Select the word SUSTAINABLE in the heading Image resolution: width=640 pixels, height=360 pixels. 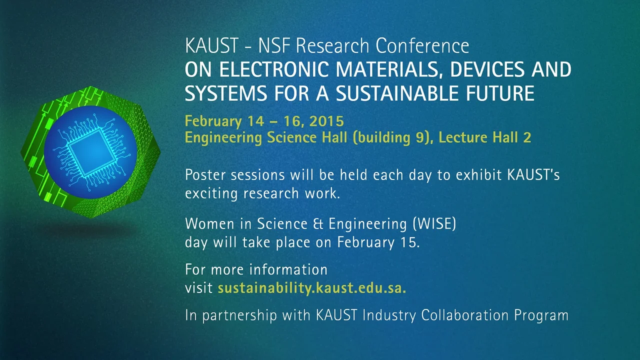(x=397, y=93)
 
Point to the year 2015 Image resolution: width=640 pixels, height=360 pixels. (x=326, y=121)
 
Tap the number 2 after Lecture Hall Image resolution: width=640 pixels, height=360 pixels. (x=527, y=137)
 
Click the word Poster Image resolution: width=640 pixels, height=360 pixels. (x=206, y=175)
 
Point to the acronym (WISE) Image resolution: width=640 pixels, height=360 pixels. (x=434, y=223)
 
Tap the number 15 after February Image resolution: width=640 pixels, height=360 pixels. (x=409, y=242)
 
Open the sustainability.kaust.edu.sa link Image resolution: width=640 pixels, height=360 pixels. (x=311, y=288)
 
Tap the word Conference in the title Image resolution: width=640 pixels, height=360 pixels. (x=422, y=46)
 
